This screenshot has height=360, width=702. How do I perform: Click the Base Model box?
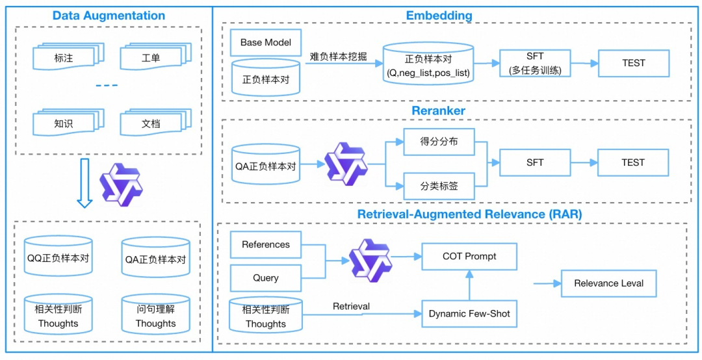point(266,42)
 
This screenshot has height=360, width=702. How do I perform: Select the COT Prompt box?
point(469,257)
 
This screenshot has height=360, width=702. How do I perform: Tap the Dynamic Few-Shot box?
point(469,314)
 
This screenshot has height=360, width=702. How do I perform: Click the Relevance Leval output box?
point(608,283)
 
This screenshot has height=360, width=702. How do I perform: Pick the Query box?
point(266,277)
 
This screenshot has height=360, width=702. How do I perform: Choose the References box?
point(266,245)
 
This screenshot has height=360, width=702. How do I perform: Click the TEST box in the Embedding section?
point(633,63)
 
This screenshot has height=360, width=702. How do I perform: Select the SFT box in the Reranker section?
point(535,162)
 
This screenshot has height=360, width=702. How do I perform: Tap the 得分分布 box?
point(439,142)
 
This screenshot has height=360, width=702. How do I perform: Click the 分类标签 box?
point(439,186)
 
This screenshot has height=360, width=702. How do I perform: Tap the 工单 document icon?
point(151,58)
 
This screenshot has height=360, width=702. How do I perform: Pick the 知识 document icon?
point(64,123)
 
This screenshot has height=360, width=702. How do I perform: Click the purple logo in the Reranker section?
point(346,164)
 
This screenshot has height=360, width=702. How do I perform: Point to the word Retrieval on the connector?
point(351,306)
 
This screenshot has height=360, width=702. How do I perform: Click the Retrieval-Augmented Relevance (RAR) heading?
point(469,214)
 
